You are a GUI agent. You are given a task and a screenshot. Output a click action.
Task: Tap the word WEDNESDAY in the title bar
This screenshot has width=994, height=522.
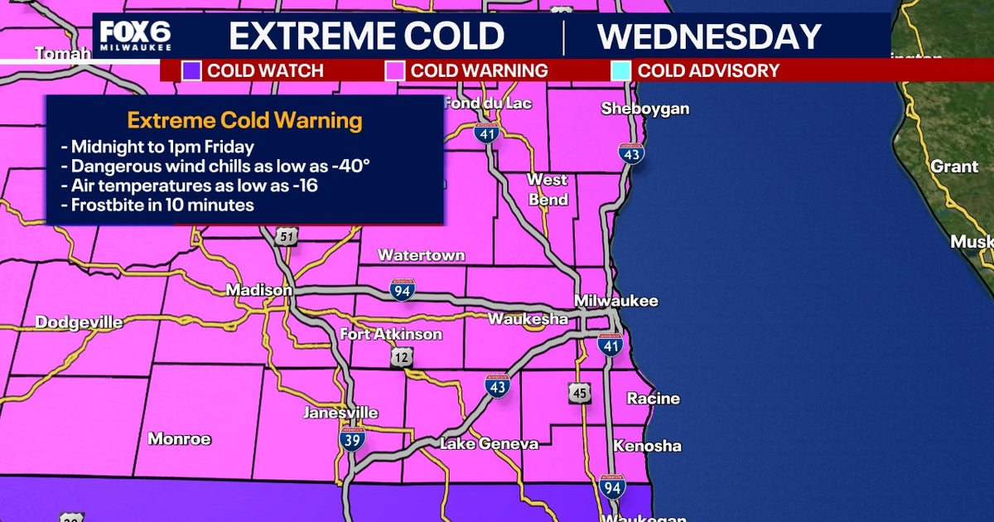click(709, 36)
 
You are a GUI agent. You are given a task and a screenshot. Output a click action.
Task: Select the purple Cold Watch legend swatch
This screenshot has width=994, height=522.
click(191, 70)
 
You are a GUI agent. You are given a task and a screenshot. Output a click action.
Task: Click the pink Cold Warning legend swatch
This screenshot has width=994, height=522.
click(395, 70)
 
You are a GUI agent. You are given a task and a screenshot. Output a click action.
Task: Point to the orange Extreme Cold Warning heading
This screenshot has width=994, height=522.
click(245, 121)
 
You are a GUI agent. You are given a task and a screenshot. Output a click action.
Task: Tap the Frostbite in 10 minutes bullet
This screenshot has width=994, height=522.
click(157, 205)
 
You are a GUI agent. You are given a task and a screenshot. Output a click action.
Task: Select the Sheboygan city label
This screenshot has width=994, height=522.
click(645, 109)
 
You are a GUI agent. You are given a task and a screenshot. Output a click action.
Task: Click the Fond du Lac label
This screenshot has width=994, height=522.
click(488, 104)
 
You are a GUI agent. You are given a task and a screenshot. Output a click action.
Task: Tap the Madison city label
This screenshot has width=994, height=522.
click(259, 291)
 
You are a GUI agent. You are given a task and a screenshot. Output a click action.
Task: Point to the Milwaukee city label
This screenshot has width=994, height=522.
click(617, 300)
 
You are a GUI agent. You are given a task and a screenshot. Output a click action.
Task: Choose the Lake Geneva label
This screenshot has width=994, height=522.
click(489, 444)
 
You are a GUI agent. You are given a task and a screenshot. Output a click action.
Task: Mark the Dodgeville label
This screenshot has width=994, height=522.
click(79, 322)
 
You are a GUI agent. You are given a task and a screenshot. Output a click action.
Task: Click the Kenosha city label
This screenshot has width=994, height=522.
click(647, 446)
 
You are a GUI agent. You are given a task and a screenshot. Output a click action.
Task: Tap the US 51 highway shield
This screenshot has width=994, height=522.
click(286, 238)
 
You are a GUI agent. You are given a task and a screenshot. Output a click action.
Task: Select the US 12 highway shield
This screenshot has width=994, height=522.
click(403, 356)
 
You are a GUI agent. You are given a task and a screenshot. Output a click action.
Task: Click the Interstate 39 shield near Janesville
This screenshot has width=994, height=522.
click(352, 439)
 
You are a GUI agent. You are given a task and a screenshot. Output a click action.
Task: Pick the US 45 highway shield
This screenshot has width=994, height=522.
click(580, 393)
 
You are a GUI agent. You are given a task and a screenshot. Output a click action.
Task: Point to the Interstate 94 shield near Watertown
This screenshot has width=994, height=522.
click(403, 289)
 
